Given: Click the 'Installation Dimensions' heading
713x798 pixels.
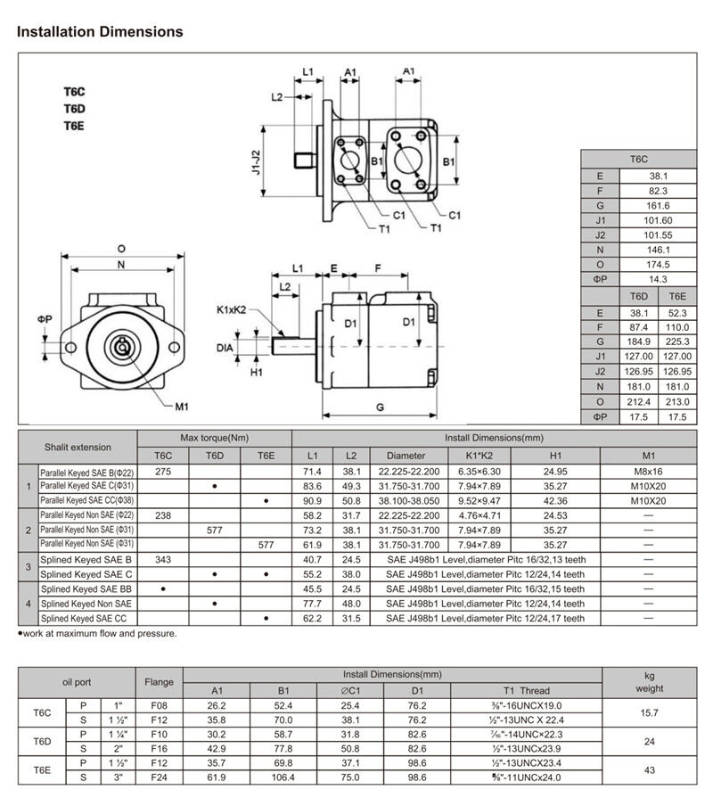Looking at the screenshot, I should (x=100, y=32).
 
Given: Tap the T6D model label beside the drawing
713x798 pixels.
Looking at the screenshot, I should (x=73, y=109).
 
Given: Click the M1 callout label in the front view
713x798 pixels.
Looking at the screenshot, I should (x=181, y=407).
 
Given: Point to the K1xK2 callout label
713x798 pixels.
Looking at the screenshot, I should (x=231, y=310).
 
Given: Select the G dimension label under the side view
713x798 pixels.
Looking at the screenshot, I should (x=380, y=407).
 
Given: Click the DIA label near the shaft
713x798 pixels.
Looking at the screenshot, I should (x=225, y=347).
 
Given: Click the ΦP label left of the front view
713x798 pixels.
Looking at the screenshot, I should (x=45, y=318).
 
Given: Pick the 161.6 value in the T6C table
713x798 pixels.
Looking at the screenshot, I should (x=660, y=205).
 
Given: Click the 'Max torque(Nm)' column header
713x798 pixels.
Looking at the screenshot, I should (x=214, y=437).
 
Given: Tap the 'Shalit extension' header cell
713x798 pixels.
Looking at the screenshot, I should (x=78, y=446).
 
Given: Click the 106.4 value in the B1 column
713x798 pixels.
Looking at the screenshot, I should (x=283, y=777).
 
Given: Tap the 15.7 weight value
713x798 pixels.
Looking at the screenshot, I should (x=649, y=712).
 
